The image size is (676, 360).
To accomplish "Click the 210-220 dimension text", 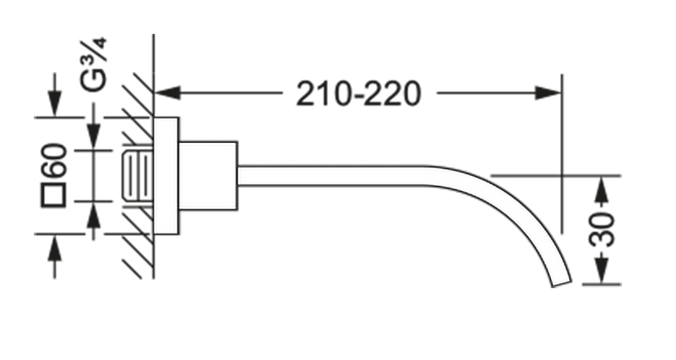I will coord(357,93).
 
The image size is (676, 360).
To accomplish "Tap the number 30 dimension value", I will coord(601,230).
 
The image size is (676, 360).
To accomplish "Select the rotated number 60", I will coord(56,161).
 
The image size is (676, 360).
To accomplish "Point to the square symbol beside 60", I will coord(55,199).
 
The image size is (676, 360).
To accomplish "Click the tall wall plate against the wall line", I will coord(166,175).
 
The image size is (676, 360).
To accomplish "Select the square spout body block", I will coord(208,175).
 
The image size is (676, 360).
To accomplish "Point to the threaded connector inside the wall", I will coord(138,176).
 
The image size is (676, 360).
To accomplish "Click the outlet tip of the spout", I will coord(562,282).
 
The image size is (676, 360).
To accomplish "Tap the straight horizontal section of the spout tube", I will coord(338,176).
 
